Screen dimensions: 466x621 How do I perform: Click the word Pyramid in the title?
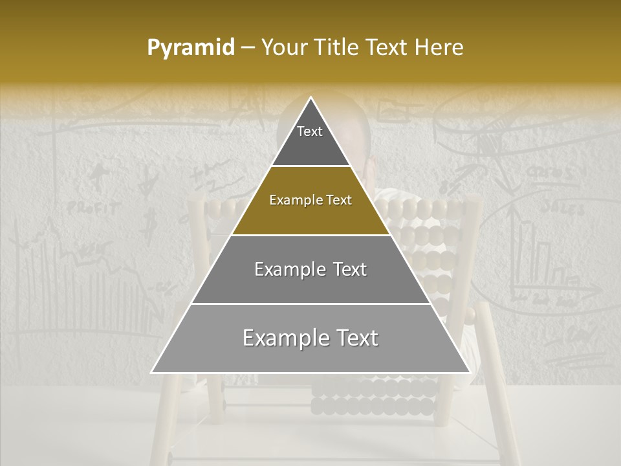(x=191, y=48)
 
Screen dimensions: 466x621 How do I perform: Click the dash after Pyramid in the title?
(x=248, y=48)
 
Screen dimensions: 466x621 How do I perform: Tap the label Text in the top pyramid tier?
(x=310, y=131)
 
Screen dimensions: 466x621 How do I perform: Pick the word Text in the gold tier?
(x=338, y=201)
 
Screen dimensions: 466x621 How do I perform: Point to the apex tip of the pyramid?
(x=310, y=97)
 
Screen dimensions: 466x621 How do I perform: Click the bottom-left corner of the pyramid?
(x=152, y=372)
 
